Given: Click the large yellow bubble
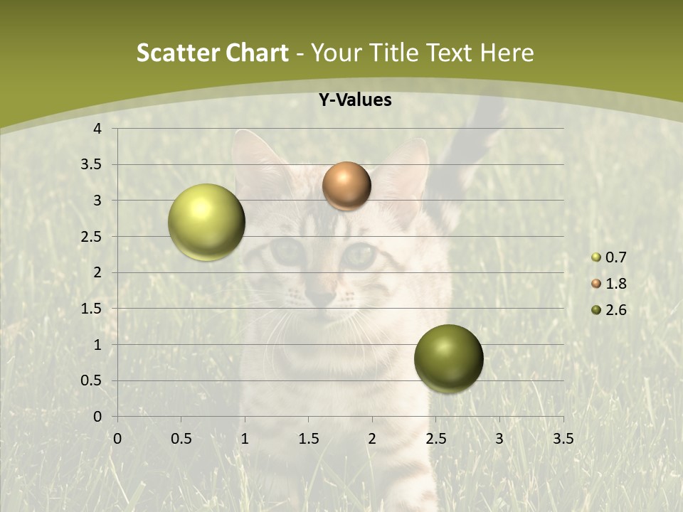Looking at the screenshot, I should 207,222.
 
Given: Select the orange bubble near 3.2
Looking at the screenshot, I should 346,186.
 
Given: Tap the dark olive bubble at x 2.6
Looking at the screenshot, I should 448,358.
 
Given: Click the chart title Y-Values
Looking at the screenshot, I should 354,100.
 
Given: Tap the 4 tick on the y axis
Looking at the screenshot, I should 97,129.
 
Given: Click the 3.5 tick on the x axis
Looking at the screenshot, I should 563,439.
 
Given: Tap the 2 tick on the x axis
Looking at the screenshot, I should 371,439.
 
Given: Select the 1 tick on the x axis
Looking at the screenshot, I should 245,439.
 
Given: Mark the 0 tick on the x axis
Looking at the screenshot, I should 117,439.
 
